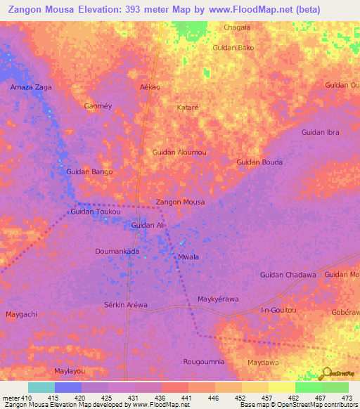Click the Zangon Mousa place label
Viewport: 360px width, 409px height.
180,202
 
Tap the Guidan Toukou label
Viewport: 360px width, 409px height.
96,212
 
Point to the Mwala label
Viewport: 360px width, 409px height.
188,257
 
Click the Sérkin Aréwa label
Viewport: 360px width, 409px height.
126,304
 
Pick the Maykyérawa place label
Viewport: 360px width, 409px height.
218,299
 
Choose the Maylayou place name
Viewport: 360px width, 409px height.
70,370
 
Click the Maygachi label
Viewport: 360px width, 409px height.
21,313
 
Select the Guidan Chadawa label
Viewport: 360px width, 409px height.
288,275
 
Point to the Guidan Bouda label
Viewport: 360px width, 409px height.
259,162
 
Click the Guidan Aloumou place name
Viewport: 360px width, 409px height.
179,152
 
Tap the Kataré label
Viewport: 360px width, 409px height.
188,108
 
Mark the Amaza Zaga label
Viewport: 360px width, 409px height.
31,87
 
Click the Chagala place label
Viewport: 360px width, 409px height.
236,27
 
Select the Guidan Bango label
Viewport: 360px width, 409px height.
89,171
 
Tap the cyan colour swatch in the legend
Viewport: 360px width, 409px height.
41,387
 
